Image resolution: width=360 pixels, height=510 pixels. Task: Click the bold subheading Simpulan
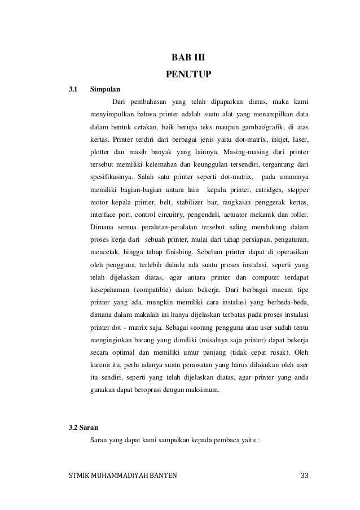[105, 89]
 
